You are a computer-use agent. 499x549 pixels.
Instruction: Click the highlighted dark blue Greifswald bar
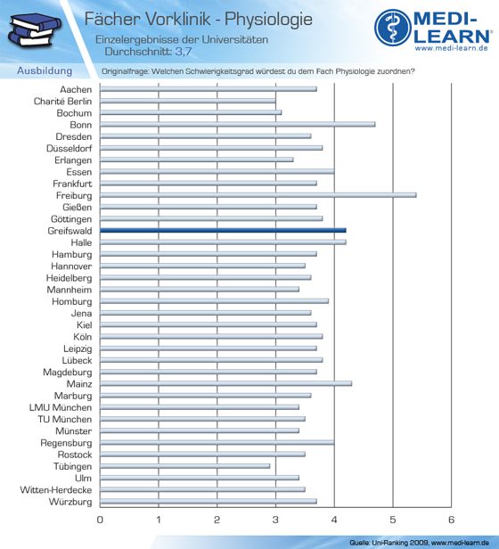pyautogui.click(x=223, y=230)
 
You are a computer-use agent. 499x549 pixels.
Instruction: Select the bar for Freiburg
pyautogui.click(x=258, y=195)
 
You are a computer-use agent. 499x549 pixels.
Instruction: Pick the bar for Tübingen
pyautogui.click(x=184, y=466)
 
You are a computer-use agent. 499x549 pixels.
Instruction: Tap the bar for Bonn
pyautogui.click(x=237, y=124)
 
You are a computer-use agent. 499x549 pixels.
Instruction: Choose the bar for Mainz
pyautogui.click(x=225, y=383)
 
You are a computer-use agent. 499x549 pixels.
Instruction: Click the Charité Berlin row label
pyautogui.click(x=62, y=102)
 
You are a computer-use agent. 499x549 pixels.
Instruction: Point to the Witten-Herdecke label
pyautogui.click(x=56, y=490)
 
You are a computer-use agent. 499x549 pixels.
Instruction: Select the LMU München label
pyautogui.click(x=61, y=407)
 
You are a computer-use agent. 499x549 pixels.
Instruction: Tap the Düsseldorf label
pyautogui.click(x=70, y=149)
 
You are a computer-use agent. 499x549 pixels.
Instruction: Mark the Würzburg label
pyautogui.click(x=70, y=502)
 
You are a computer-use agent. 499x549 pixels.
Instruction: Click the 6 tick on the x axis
pyautogui.click(x=451, y=520)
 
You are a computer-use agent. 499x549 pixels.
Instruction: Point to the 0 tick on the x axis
pyautogui.click(x=100, y=520)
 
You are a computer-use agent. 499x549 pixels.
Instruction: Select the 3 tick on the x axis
pyautogui.click(x=275, y=520)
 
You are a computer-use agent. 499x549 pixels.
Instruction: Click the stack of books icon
pyautogui.click(x=35, y=29)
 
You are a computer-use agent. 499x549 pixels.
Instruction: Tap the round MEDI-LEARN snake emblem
pyautogui.click(x=393, y=28)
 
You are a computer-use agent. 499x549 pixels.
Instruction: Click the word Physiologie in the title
pyautogui.click(x=268, y=19)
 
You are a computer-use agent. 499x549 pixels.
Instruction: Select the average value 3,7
pyautogui.click(x=184, y=52)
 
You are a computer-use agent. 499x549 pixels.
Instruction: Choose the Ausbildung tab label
pyautogui.click(x=45, y=70)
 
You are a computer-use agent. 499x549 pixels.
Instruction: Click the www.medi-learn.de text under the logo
pyautogui.click(x=452, y=48)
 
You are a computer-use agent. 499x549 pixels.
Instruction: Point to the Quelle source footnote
pyautogui.click(x=419, y=543)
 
